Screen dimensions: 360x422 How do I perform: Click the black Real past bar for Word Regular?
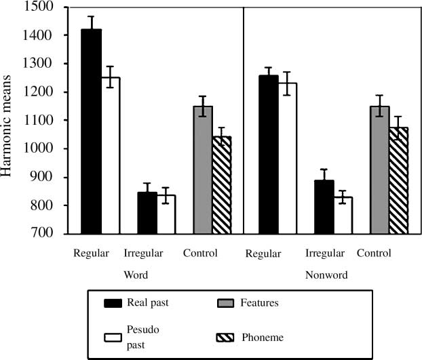coord(91,132)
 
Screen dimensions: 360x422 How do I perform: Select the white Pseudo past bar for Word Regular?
coord(111,155)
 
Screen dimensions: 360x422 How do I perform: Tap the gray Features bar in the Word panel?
coord(203,169)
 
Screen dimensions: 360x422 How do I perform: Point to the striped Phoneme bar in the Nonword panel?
coord(399,180)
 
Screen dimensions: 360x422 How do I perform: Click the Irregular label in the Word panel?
coord(143,254)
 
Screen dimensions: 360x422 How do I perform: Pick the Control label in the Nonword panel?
coord(374,254)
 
